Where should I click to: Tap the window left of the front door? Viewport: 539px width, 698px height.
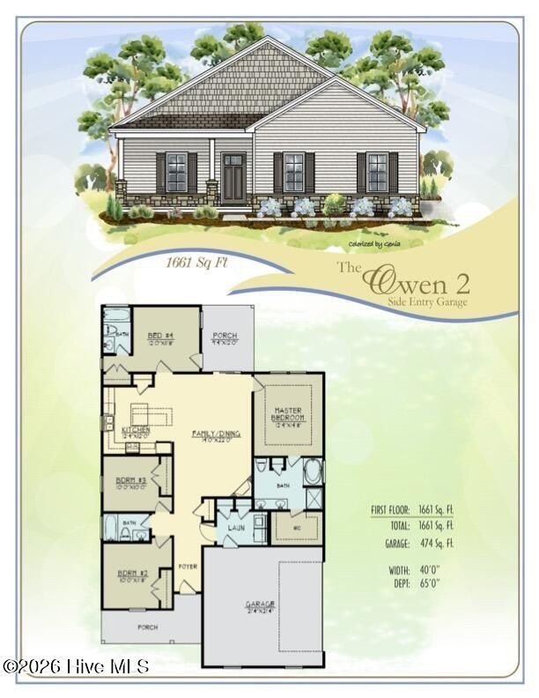(176, 172)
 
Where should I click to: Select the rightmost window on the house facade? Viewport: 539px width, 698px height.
(377, 172)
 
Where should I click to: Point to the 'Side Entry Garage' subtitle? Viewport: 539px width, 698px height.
(427, 302)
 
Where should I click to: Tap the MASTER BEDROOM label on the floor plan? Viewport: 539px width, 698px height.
(289, 415)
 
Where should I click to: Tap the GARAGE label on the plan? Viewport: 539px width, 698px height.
(260, 605)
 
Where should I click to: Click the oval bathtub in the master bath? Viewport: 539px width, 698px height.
(313, 472)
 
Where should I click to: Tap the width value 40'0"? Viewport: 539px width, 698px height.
(429, 570)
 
